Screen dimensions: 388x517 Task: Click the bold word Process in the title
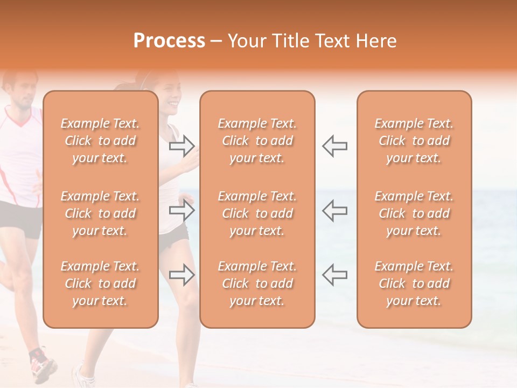point(169,41)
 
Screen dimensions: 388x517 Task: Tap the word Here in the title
point(377,41)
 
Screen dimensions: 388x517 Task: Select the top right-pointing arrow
point(182,145)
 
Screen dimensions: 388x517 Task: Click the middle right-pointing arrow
point(182,210)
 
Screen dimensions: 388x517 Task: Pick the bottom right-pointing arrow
point(182,275)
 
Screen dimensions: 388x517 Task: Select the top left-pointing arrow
point(334,145)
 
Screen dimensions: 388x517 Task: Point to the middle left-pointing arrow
point(334,210)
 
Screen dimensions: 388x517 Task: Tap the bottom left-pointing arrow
point(334,275)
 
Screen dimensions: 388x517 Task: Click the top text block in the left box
point(100,141)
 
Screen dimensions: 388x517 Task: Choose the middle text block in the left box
point(100,213)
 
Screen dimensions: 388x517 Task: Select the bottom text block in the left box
point(100,283)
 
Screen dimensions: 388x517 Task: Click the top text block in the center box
point(257,141)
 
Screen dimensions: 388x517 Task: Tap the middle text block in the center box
point(257,213)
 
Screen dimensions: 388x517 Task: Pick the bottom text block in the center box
point(257,283)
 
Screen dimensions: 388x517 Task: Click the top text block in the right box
point(414,141)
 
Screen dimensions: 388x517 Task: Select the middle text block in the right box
point(414,213)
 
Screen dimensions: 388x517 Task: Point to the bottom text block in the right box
point(414,283)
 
